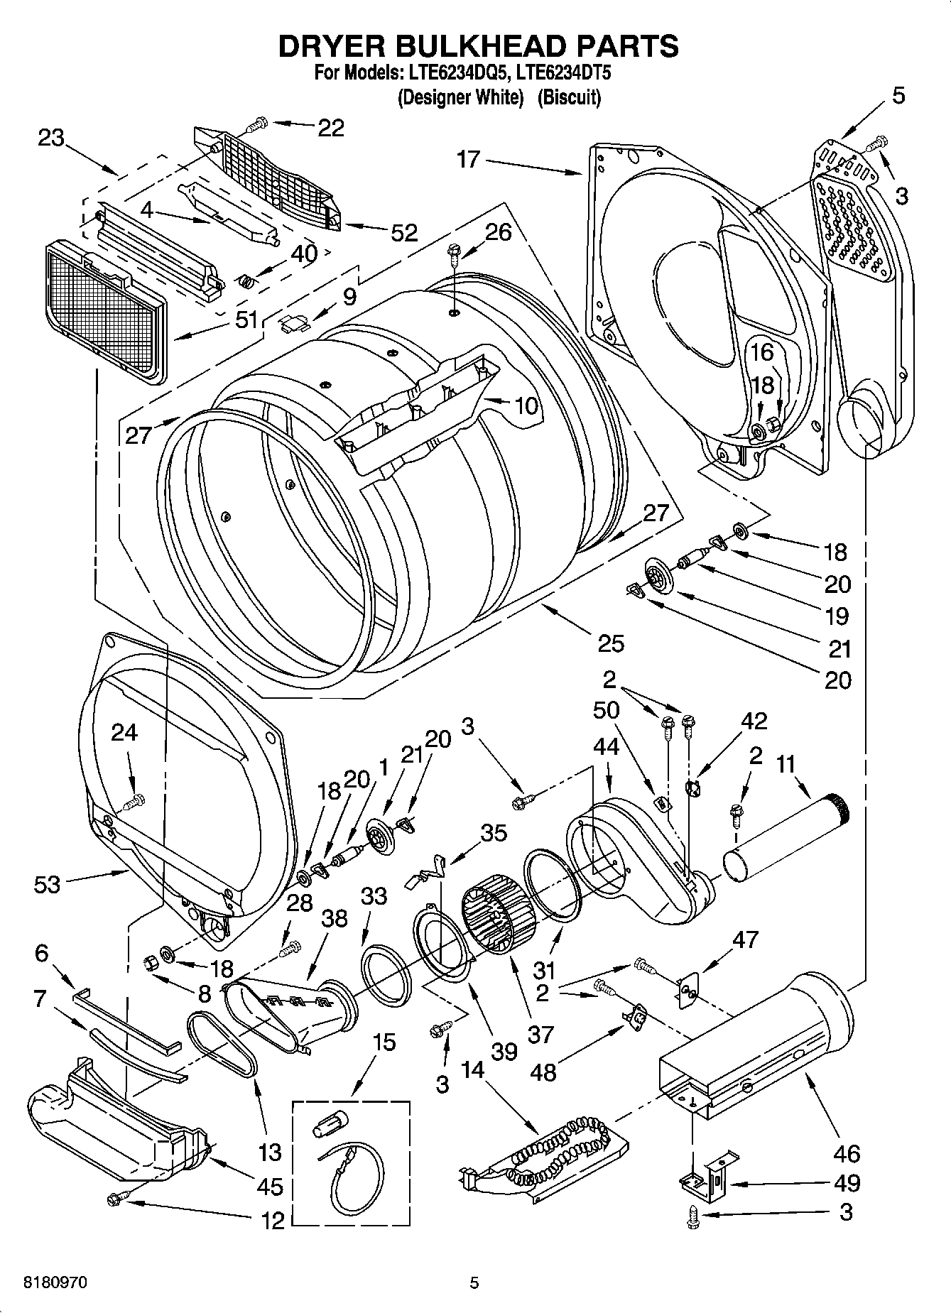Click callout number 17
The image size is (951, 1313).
(x=468, y=159)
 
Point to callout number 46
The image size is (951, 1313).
(x=847, y=1153)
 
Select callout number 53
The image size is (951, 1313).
(x=47, y=884)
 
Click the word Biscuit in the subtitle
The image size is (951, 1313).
(x=569, y=97)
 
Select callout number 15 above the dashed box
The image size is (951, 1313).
(x=384, y=1043)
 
